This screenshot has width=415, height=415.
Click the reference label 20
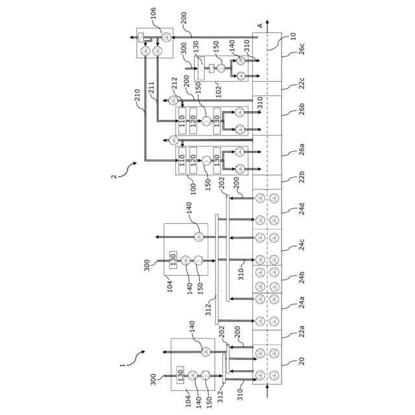pyautogui.click(x=301, y=361)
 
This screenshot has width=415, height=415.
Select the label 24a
pyautogui.click(x=301, y=302)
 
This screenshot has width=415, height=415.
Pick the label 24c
pyautogui.click(x=301, y=244)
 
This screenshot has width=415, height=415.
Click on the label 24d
pyautogui.click(x=301, y=209)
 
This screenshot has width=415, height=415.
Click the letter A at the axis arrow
pyautogui.click(x=259, y=25)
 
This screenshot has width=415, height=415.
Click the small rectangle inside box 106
pyautogui.click(x=141, y=38)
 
